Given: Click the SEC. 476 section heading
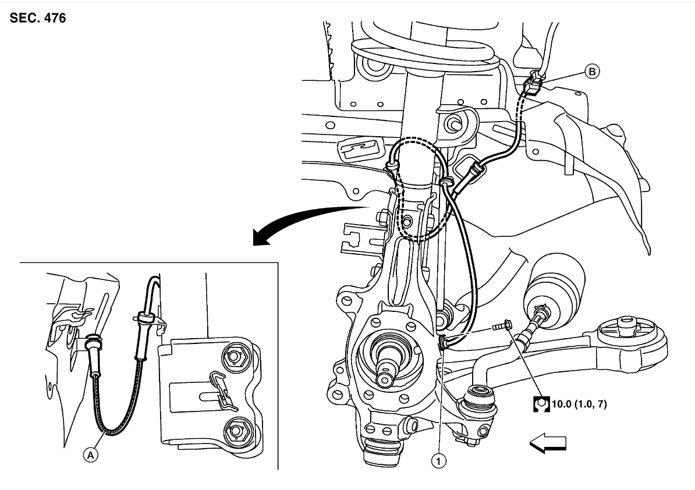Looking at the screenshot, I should coord(38,18).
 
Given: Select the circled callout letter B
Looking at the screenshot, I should coord(592,72).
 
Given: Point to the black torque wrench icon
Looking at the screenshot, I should coord(541,403).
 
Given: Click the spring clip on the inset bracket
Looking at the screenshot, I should coord(219,388).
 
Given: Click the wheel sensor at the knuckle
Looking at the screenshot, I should coord(444,343).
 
